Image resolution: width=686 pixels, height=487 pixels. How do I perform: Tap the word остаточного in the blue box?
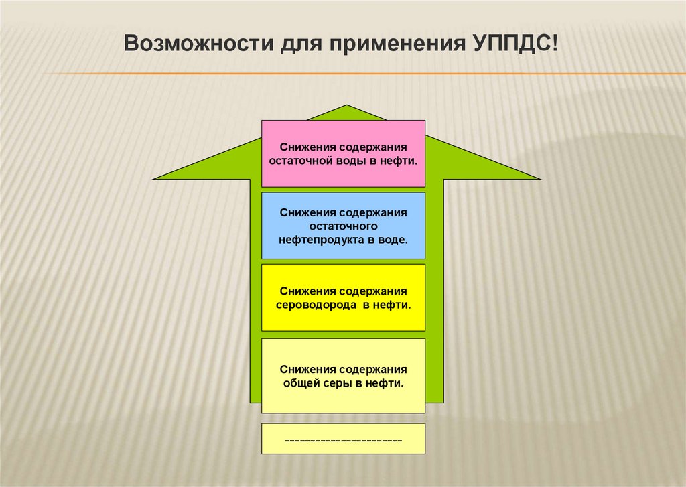click(x=343, y=226)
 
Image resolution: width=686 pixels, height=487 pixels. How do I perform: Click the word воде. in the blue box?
click(x=393, y=238)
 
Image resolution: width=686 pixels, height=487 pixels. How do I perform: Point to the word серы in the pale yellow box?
click(x=337, y=384)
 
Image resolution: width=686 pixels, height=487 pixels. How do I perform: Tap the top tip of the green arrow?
click(x=346, y=107)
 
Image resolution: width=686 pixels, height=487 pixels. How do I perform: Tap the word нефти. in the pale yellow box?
click(x=388, y=384)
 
